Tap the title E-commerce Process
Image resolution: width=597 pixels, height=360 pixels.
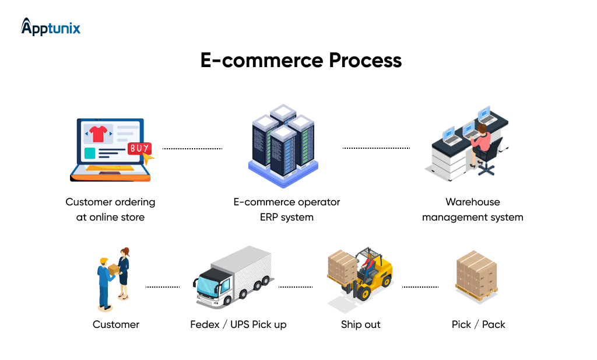(301, 61)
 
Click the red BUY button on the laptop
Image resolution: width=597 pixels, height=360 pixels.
(140, 149)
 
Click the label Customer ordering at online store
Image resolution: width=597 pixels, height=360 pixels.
(110, 209)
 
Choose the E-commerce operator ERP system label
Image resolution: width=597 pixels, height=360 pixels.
(286, 209)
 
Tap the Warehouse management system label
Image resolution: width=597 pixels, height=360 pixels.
(472, 209)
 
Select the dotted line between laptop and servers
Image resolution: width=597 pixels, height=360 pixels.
(192, 149)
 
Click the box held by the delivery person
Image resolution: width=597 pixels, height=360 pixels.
(113, 269)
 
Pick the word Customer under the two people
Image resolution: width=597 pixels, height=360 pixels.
(116, 324)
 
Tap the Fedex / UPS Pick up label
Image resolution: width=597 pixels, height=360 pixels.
(238, 324)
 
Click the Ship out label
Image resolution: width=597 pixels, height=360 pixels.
(360, 324)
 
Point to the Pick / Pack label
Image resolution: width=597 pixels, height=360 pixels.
(478, 324)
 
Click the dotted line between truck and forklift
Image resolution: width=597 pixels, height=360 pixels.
(296, 287)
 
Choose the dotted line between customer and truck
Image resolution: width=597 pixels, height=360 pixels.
(162, 287)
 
